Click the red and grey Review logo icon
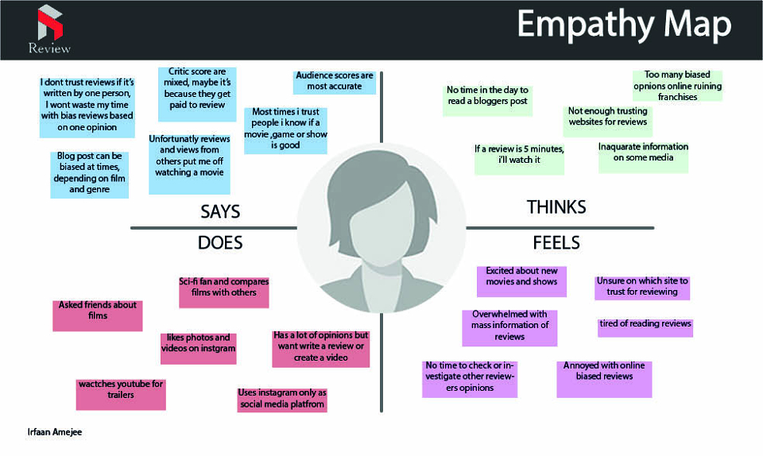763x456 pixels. (50, 22)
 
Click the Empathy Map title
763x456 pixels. (624, 25)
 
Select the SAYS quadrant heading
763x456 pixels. (220, 211)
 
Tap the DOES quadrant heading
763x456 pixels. (220, 242)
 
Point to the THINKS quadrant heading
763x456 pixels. (556, 207)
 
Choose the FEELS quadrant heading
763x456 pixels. (556, 242)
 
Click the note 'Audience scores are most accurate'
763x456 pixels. (335, 82)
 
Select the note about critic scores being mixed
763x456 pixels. (197, 94)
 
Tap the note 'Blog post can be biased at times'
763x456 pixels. (90, 175)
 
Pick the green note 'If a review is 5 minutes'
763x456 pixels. (519, 157)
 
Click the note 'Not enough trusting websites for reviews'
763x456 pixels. (608, 121)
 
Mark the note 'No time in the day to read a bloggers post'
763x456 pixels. (487, 99)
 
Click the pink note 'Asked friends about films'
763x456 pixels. (97, 315)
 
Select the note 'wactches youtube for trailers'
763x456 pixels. (121, 394)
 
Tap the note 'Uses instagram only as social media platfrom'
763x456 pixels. (282, 400)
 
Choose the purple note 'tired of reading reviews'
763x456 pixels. (645, 327)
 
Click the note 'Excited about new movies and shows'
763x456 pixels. (521, 281)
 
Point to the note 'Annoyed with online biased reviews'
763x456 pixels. (604, 379)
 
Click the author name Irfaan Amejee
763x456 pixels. (55, 431)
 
